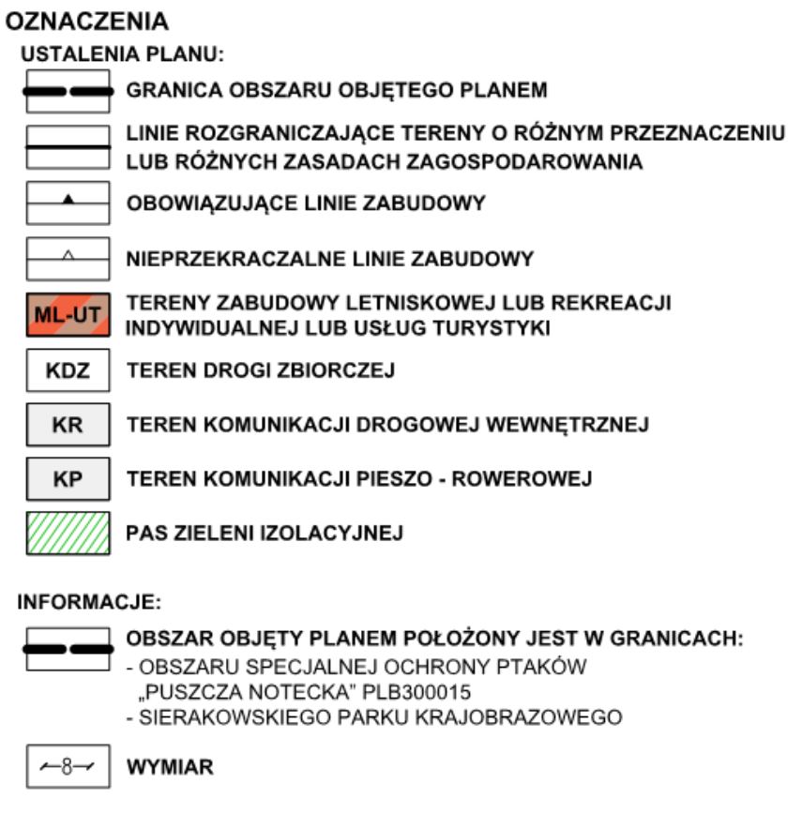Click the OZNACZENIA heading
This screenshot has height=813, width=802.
point(88,20)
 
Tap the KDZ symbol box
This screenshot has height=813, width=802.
point(67,370)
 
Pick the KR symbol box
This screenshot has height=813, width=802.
point(67,425)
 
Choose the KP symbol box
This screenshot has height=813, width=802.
point(67,479)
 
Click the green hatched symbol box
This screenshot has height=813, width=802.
point(67,534)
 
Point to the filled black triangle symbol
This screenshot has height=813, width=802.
point(67,199)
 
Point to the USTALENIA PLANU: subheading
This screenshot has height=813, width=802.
point(123,55)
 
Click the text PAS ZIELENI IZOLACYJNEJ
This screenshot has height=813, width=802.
point(265,534)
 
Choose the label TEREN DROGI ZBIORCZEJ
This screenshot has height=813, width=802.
point(260,371)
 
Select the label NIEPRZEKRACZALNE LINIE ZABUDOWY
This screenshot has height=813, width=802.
point(329,259)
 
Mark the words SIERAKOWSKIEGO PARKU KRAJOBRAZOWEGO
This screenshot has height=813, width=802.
point(380,720)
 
